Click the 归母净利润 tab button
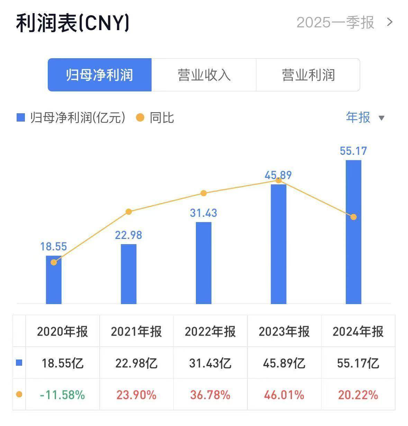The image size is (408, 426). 100,75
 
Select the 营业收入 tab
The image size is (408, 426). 204,75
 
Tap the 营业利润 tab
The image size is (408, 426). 308,75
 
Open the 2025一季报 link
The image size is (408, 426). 345,23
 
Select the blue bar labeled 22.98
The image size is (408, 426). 129,274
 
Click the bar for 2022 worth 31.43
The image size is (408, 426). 203,263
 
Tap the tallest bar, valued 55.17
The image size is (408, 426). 353,232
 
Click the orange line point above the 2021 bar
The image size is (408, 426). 129,212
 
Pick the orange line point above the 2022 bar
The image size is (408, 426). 203,193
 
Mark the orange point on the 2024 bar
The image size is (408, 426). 353,217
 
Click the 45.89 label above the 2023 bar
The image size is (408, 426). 278,175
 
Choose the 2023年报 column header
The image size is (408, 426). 284,331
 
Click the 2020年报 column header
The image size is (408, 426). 63,331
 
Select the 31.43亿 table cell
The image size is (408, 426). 210,363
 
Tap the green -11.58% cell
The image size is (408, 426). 63,395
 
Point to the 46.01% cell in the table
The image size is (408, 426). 284,395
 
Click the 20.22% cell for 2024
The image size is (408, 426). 358,395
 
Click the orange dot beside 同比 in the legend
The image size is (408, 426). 140,118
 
